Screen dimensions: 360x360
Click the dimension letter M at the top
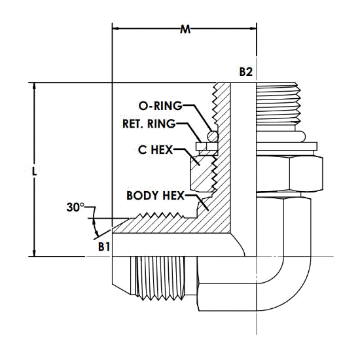pyautogui.click(x=185, y=29)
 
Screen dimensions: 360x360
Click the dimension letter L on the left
pyautogui.click(x=34, y=171)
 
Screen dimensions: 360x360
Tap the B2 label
pyautogui.click(x=246, y=71)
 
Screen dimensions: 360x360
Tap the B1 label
pyautogui.click(x=104, y=247)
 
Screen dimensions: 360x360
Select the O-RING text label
pyautogui.click(x=160, y=106)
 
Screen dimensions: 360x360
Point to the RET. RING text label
pyautogui.click(x=149, y=124)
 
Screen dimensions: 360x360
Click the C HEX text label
pyautogui.click(x=155, y=150)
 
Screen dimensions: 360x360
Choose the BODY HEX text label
pyautogui.click(x=155, y=196)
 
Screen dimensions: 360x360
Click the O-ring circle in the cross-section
pyautogui.click(x=213, y=137)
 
